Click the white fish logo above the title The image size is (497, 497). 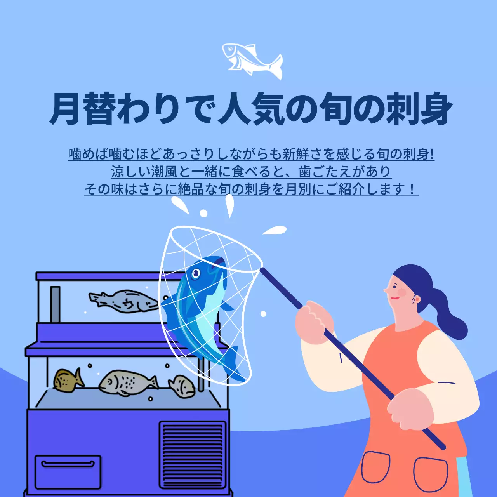(x=252, y=61)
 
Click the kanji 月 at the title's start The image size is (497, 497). (x=66, y=109)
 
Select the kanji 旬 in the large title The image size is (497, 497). (x=335, y=109)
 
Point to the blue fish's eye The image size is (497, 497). (x=196, y=274)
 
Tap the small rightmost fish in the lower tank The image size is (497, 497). (x=182, y=386)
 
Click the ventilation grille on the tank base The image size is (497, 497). (x=193, y=454)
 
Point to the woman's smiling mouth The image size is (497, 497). (x=394, y=298)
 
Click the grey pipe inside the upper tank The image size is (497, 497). (x=55, y=304)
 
